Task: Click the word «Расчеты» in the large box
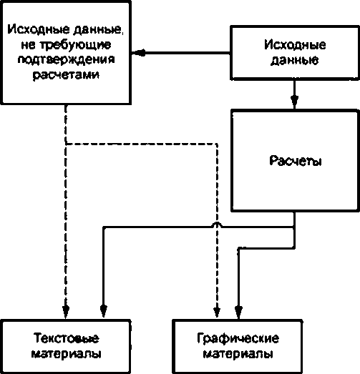pyautogui.click(x=296, y=160)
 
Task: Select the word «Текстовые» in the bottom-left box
pyautogui.click(x=66, y=338)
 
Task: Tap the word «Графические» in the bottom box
pyautogui.click(x=238, y=338)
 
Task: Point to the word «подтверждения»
pyautogui.click(x=66, y=59)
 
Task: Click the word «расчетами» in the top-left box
pyautogui.click(x=66, y=75)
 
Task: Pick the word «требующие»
pyautogui.click(x=66, y=45)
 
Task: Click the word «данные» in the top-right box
pyautogui.click(x=295, y=60)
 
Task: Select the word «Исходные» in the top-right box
pyautogui.click(x=295, y=44)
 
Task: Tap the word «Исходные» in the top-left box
pyautogui.click(x=39, y=29)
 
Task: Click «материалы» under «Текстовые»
pyautogui.click(x=66, y=354)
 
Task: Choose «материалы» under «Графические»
pyautogui.click(x=238, y=354)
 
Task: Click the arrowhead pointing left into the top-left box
pyautogui.click(x=138, y=53)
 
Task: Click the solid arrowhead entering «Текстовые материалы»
pyautogui.click(x=103, y=311)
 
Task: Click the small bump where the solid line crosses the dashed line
pyautogui.click(x=217, y=224)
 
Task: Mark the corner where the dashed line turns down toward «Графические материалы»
pyautogui.click(x=217, y=144)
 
